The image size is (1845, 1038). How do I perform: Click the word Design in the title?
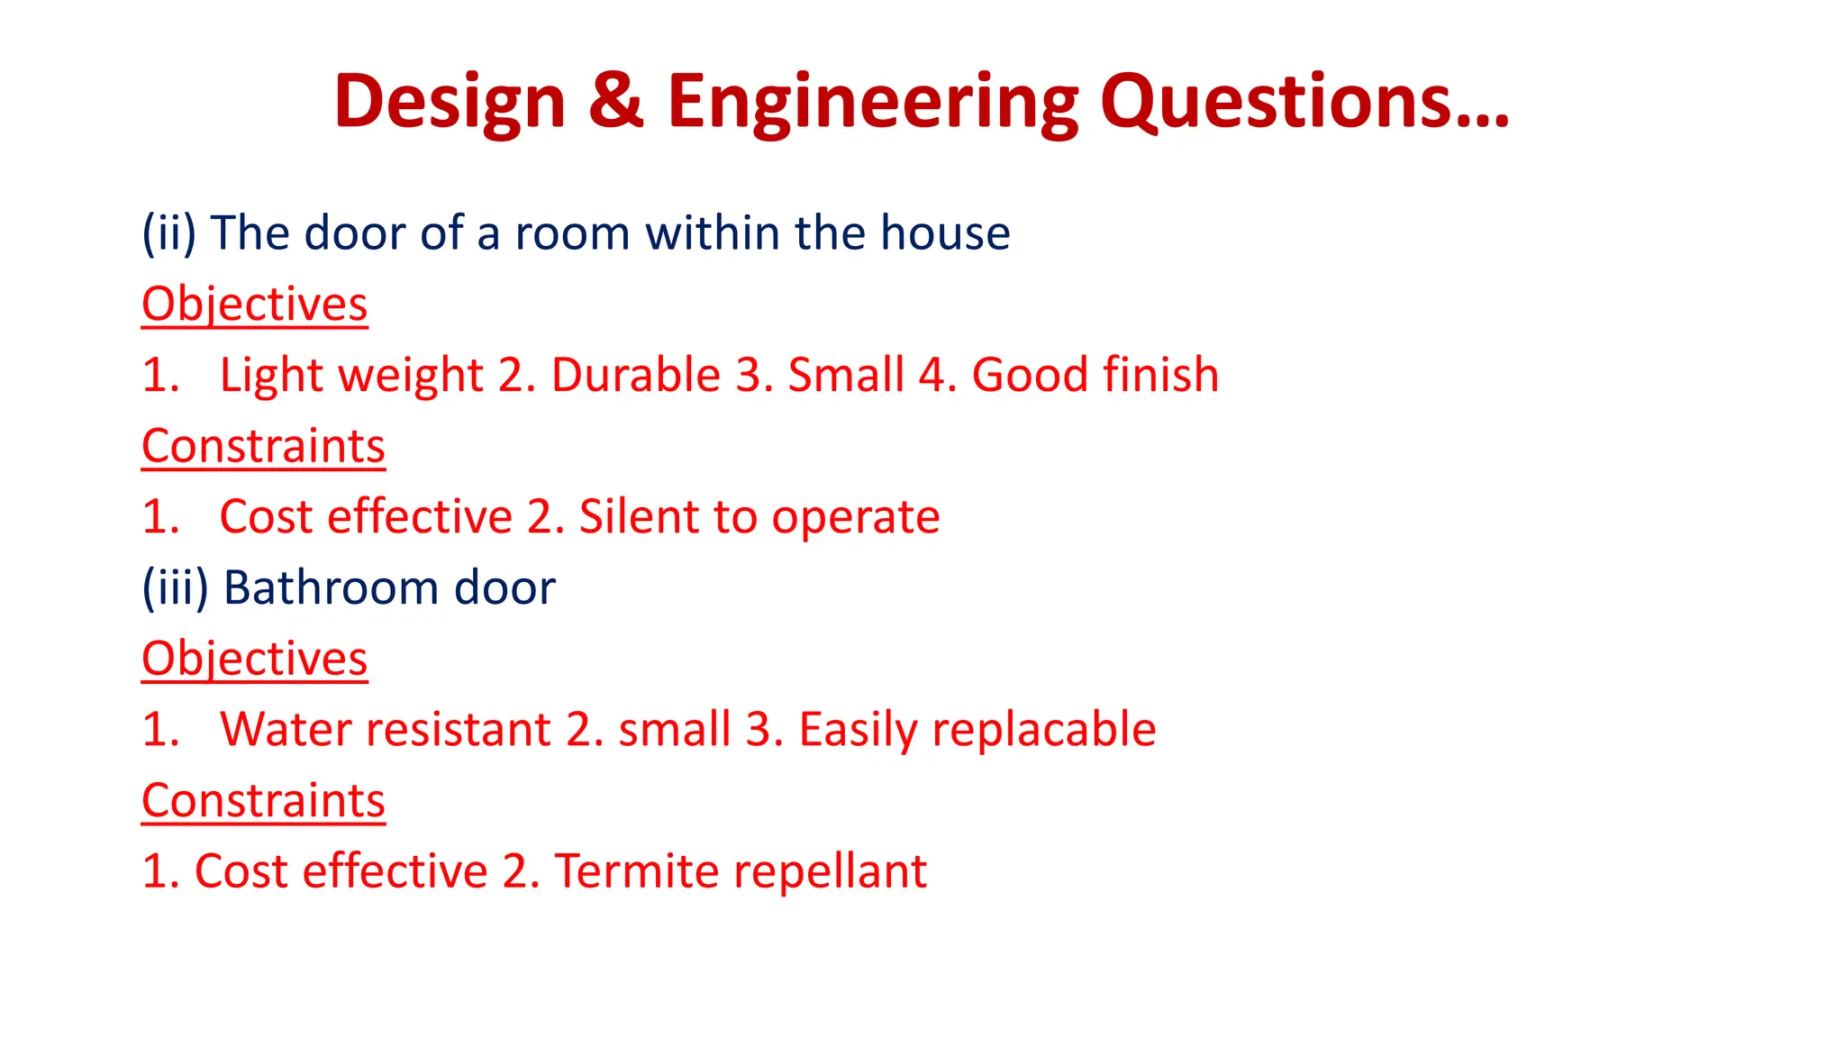[x=450, y=101]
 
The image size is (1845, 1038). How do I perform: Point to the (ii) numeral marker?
[x=168, y=232]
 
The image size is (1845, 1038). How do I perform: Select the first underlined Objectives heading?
[x=255, y=304]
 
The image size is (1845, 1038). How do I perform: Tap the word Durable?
[x=635, y=375]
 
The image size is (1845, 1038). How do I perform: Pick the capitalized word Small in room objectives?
[x=846, y=375]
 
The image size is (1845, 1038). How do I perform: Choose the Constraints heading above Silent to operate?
[x=263, y=446]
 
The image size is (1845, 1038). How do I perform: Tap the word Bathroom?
[x=331, y=587]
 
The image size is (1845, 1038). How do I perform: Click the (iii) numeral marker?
[x=175, y=587]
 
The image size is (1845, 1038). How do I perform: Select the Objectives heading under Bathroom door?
[x=255, y=659]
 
